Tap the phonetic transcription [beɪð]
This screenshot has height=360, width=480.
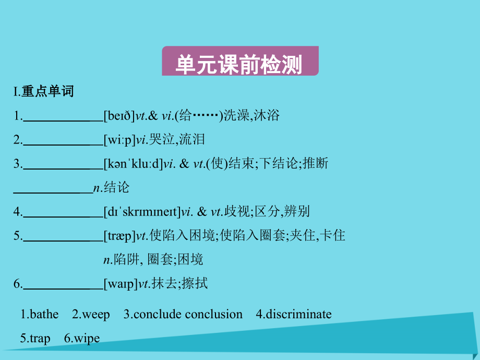tap(119, 116)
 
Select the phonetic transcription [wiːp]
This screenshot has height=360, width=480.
tap(119, 140)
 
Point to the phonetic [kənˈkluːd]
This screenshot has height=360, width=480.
tap(133, 164)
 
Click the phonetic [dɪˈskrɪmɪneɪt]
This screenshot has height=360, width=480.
tap(141, 211)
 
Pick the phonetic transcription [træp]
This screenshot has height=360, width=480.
tap(119, 236)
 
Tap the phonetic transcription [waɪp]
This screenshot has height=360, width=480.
tap(120, 284)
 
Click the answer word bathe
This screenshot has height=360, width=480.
tap(44, 314)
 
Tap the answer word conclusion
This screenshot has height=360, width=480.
tap(214, 314)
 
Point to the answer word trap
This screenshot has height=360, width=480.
tap(40, 339)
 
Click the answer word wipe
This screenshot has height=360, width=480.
tap(87, 339)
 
